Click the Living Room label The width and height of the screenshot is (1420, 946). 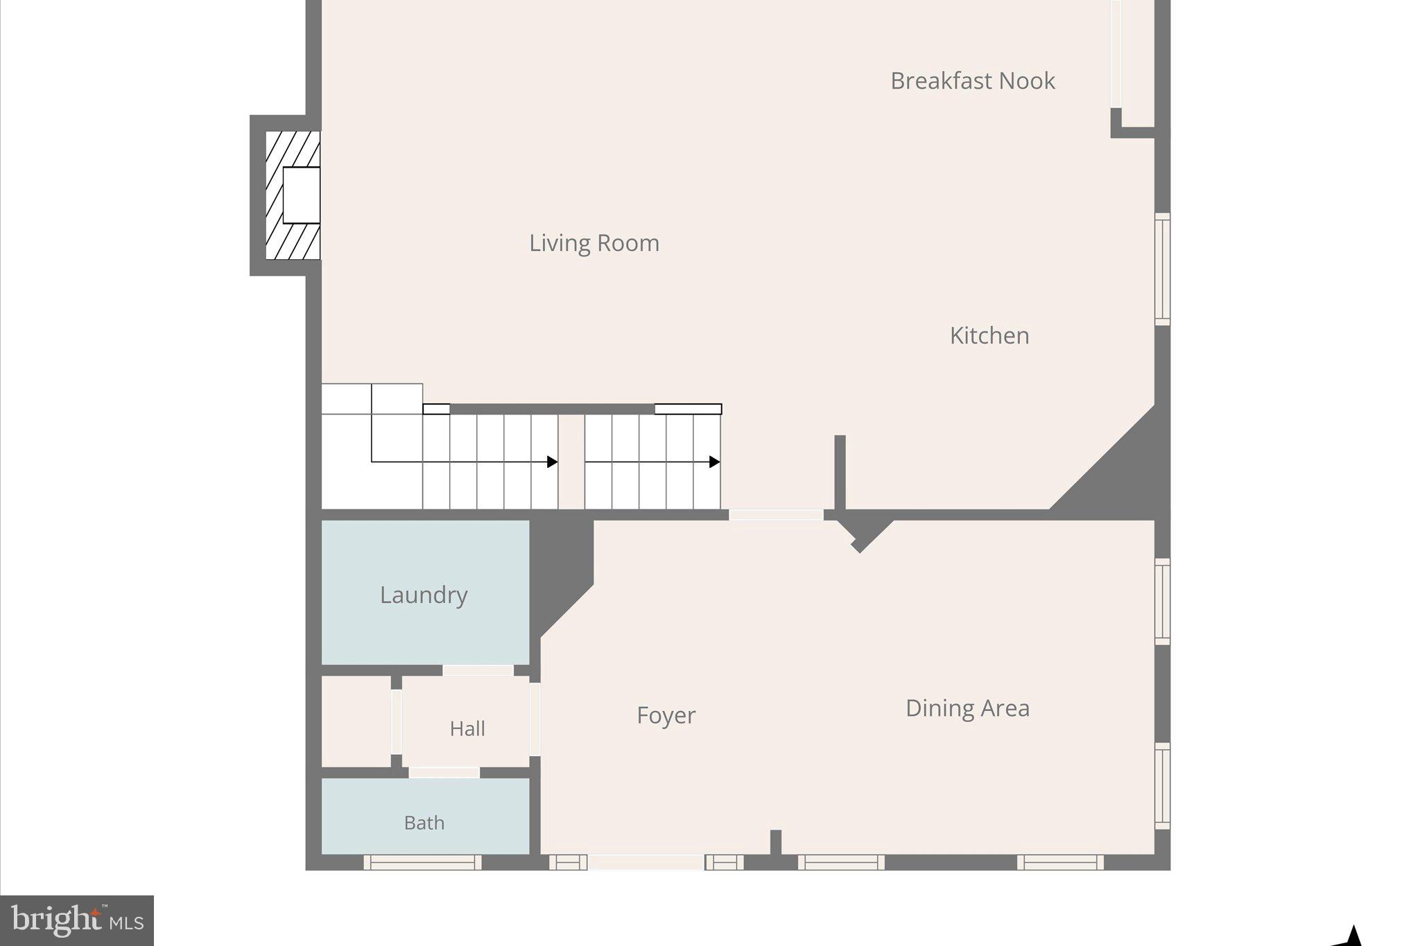[x=594, y=243]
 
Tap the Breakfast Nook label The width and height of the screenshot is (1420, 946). [x=972, y=81]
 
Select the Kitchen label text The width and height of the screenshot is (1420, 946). [x=989, y=335]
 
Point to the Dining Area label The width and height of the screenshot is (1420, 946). [x=967, y=708]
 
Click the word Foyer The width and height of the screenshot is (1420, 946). [x=666, y=715]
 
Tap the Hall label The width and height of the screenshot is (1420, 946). [x=467, y=728]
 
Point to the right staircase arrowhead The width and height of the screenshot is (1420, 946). [x=714, y=462]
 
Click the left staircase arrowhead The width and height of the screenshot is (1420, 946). [x=553, y=462]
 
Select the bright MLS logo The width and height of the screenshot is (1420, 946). [x=77, y=920]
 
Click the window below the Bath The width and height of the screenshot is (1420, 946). [x=422, y=862]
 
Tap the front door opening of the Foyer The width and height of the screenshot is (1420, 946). [x=646, y=862]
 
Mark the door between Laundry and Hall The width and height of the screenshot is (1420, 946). [x=478, y=670]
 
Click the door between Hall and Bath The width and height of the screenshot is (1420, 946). [x=444, y=772]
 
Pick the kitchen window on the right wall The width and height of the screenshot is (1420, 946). [x=1162, y=269]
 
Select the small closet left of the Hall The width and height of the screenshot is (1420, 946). [x=356, y=721]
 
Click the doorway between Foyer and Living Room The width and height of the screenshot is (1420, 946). [x=775, y=515]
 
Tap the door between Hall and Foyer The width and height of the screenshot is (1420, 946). [x=535, y=719]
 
